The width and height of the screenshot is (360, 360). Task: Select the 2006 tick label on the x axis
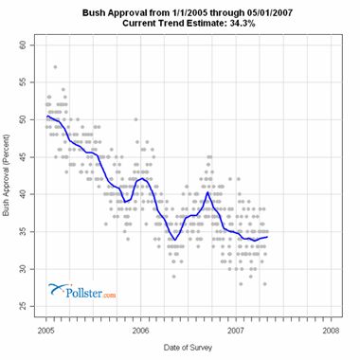click(x=141, y=333)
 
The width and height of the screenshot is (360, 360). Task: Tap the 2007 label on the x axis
click(x=236, y=333)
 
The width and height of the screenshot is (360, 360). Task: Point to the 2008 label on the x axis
click(x=330, y=333)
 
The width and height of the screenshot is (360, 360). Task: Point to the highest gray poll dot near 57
click(x=56, y=67)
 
